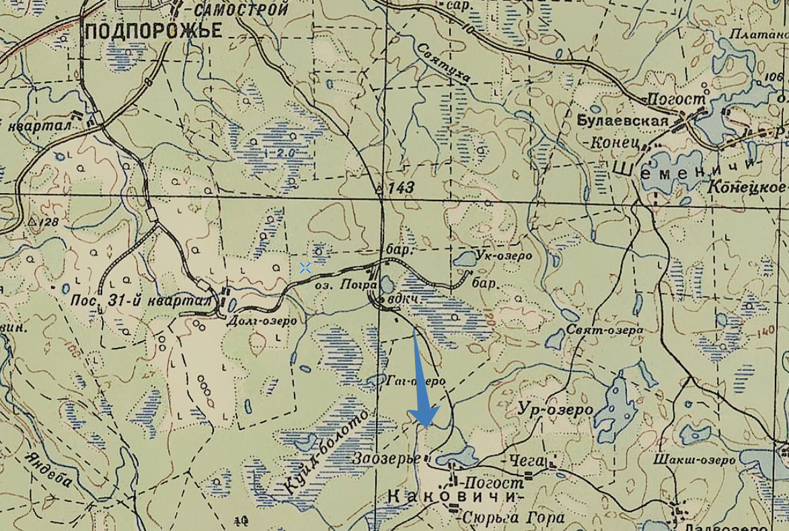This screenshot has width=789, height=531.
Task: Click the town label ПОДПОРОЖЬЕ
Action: pos(153,30)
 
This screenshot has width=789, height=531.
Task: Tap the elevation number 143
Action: pos(401,188)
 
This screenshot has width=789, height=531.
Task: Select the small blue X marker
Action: pos(305,268)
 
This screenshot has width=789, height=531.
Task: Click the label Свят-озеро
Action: pos(604,330)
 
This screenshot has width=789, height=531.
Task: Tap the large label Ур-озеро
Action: pos(556,410)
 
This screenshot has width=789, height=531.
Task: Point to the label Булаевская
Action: pos(623,120)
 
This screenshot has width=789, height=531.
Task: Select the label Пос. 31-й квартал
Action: pos(142,301)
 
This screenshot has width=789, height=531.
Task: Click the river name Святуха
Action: pos(443,64)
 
